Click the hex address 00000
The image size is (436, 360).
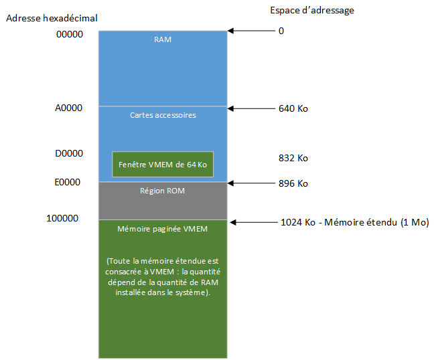click(70, 34)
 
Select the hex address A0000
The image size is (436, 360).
click(69, 108)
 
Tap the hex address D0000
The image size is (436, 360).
click(69, 153)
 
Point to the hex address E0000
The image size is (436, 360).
click(68, 182)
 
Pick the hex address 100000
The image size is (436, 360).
click(62, 218)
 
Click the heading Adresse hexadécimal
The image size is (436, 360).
click(52, 18)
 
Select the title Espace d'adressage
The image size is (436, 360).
click(312, 11)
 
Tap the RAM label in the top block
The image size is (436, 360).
click(163, 39)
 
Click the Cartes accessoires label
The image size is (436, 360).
click(163, 115)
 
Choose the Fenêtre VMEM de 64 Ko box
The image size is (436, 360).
click(163, 164)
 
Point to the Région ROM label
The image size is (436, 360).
click(162, 191)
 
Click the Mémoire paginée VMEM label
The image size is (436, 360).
click(162, 229)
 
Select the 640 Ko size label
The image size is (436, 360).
click(293, 108)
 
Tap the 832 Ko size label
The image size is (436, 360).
click(293, 158)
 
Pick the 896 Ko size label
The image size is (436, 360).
click(293, 183)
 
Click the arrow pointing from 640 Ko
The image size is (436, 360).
click(251, 108)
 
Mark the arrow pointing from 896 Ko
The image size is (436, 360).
click(251, 183)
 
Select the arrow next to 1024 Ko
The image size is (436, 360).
click(254, 222)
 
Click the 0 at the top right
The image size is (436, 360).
click(281, 31)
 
